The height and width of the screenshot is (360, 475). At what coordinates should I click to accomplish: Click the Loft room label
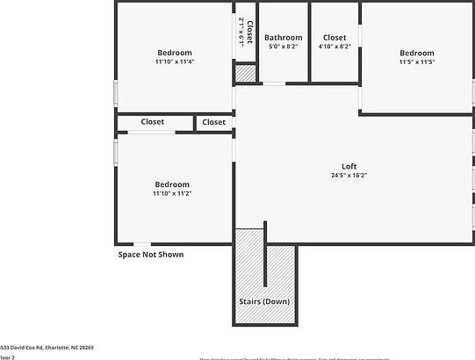349,167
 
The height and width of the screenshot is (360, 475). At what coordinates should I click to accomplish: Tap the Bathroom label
284,38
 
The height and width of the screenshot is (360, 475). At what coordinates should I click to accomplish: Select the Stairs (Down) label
264,301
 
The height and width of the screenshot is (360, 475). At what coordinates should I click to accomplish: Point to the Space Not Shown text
151,255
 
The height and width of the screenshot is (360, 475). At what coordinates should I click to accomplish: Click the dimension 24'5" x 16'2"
349,176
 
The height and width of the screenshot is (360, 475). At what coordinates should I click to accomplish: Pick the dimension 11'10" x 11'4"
174,61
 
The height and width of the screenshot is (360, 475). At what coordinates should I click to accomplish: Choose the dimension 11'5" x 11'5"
416,62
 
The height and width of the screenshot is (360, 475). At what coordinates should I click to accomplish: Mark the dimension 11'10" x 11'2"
172,193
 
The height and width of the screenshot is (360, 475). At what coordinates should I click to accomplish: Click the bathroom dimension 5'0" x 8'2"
284,47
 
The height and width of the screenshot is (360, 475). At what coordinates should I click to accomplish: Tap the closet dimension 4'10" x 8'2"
335,47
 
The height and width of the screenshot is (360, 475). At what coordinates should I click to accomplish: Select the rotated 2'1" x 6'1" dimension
241,32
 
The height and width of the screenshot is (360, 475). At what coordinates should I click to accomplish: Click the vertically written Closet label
249,33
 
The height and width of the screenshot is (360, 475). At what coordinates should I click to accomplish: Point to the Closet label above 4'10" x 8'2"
335,38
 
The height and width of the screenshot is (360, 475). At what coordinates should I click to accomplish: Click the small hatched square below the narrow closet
245,75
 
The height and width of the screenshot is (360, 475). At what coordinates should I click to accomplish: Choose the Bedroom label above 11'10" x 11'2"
172,184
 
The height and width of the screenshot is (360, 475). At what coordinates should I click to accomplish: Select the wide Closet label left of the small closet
153,122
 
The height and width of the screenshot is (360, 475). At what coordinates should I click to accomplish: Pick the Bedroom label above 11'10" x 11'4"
174,53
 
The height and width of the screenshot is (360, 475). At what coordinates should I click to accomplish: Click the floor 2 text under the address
8,357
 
